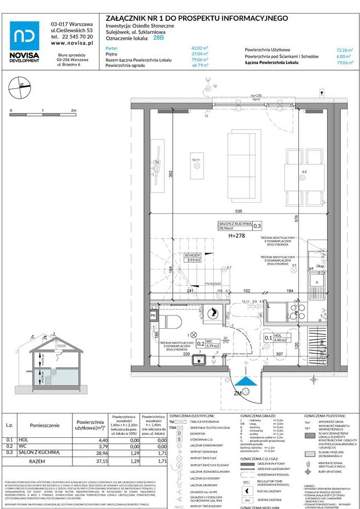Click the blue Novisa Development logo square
point(24,36)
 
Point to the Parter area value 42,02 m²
point(200,49)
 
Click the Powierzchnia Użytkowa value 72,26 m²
point(345,50)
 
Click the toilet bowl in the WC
point(173,321)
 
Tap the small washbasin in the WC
point(198,359)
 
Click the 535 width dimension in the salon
point(239,211)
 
